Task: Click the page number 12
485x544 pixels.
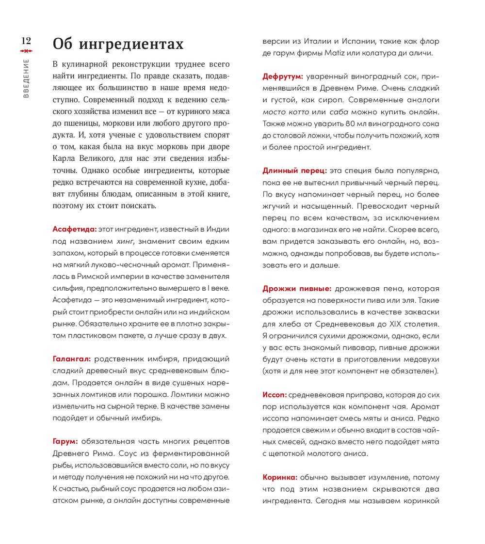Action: tap(26, 41)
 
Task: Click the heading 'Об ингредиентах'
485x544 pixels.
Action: tap(118, 44)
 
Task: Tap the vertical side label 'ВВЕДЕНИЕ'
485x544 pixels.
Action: tap(26, 78)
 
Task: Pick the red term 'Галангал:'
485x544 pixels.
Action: tap(71, 358)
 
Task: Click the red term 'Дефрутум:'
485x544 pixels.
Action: tap(283, 77)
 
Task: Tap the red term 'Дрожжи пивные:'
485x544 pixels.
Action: tap(297, 288)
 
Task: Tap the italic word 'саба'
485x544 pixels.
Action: tap(332, 112)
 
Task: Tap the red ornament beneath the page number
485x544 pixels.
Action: tap(26, 51)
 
